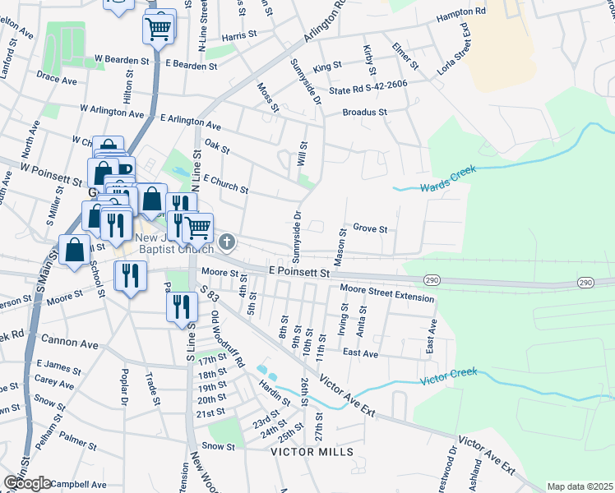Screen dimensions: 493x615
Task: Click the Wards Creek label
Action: click(x=442, y=188)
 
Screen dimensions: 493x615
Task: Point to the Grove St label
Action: click(x=369, y=229)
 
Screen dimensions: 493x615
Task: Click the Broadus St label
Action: click(x=364, y=112)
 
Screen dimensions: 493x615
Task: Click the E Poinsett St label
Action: click(x=299, y=270)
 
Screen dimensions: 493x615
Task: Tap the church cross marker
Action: click(x=227, y=243)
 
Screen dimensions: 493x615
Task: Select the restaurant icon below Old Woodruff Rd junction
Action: click(x=182, y=307)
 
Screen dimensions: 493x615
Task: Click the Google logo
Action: click(x=27, y=483)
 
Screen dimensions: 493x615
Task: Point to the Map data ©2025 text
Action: click(x=580, y=486)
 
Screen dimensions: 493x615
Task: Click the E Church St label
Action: click(x=224, y=184)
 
